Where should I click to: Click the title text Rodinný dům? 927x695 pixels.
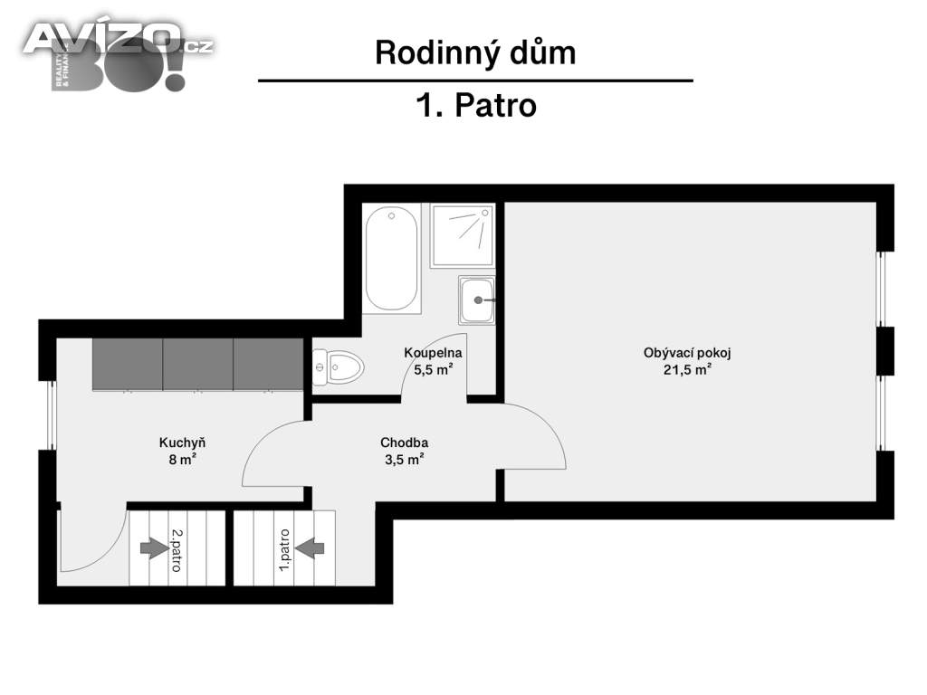click(475, 52)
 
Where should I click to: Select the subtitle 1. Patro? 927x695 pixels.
click(475, 106)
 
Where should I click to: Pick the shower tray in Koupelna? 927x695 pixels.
click(463, 235)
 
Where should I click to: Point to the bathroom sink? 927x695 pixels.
click(476, 300)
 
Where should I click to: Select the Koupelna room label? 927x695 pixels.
click(434, 353)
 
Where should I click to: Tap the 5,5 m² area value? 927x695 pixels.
click(434, 369)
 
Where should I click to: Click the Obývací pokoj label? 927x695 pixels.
click(686, 353)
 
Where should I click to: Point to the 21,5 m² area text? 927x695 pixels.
click(686, 369)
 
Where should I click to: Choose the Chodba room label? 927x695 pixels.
click(404, 443)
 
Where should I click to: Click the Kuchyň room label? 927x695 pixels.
click(183, 443)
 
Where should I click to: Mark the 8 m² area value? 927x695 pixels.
click(183, 459)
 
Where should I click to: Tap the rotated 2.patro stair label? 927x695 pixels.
click(175, 550)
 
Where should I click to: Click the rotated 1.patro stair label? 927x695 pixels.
click(283, 550)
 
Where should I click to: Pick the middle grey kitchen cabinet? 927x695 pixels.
click(197, 364)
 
